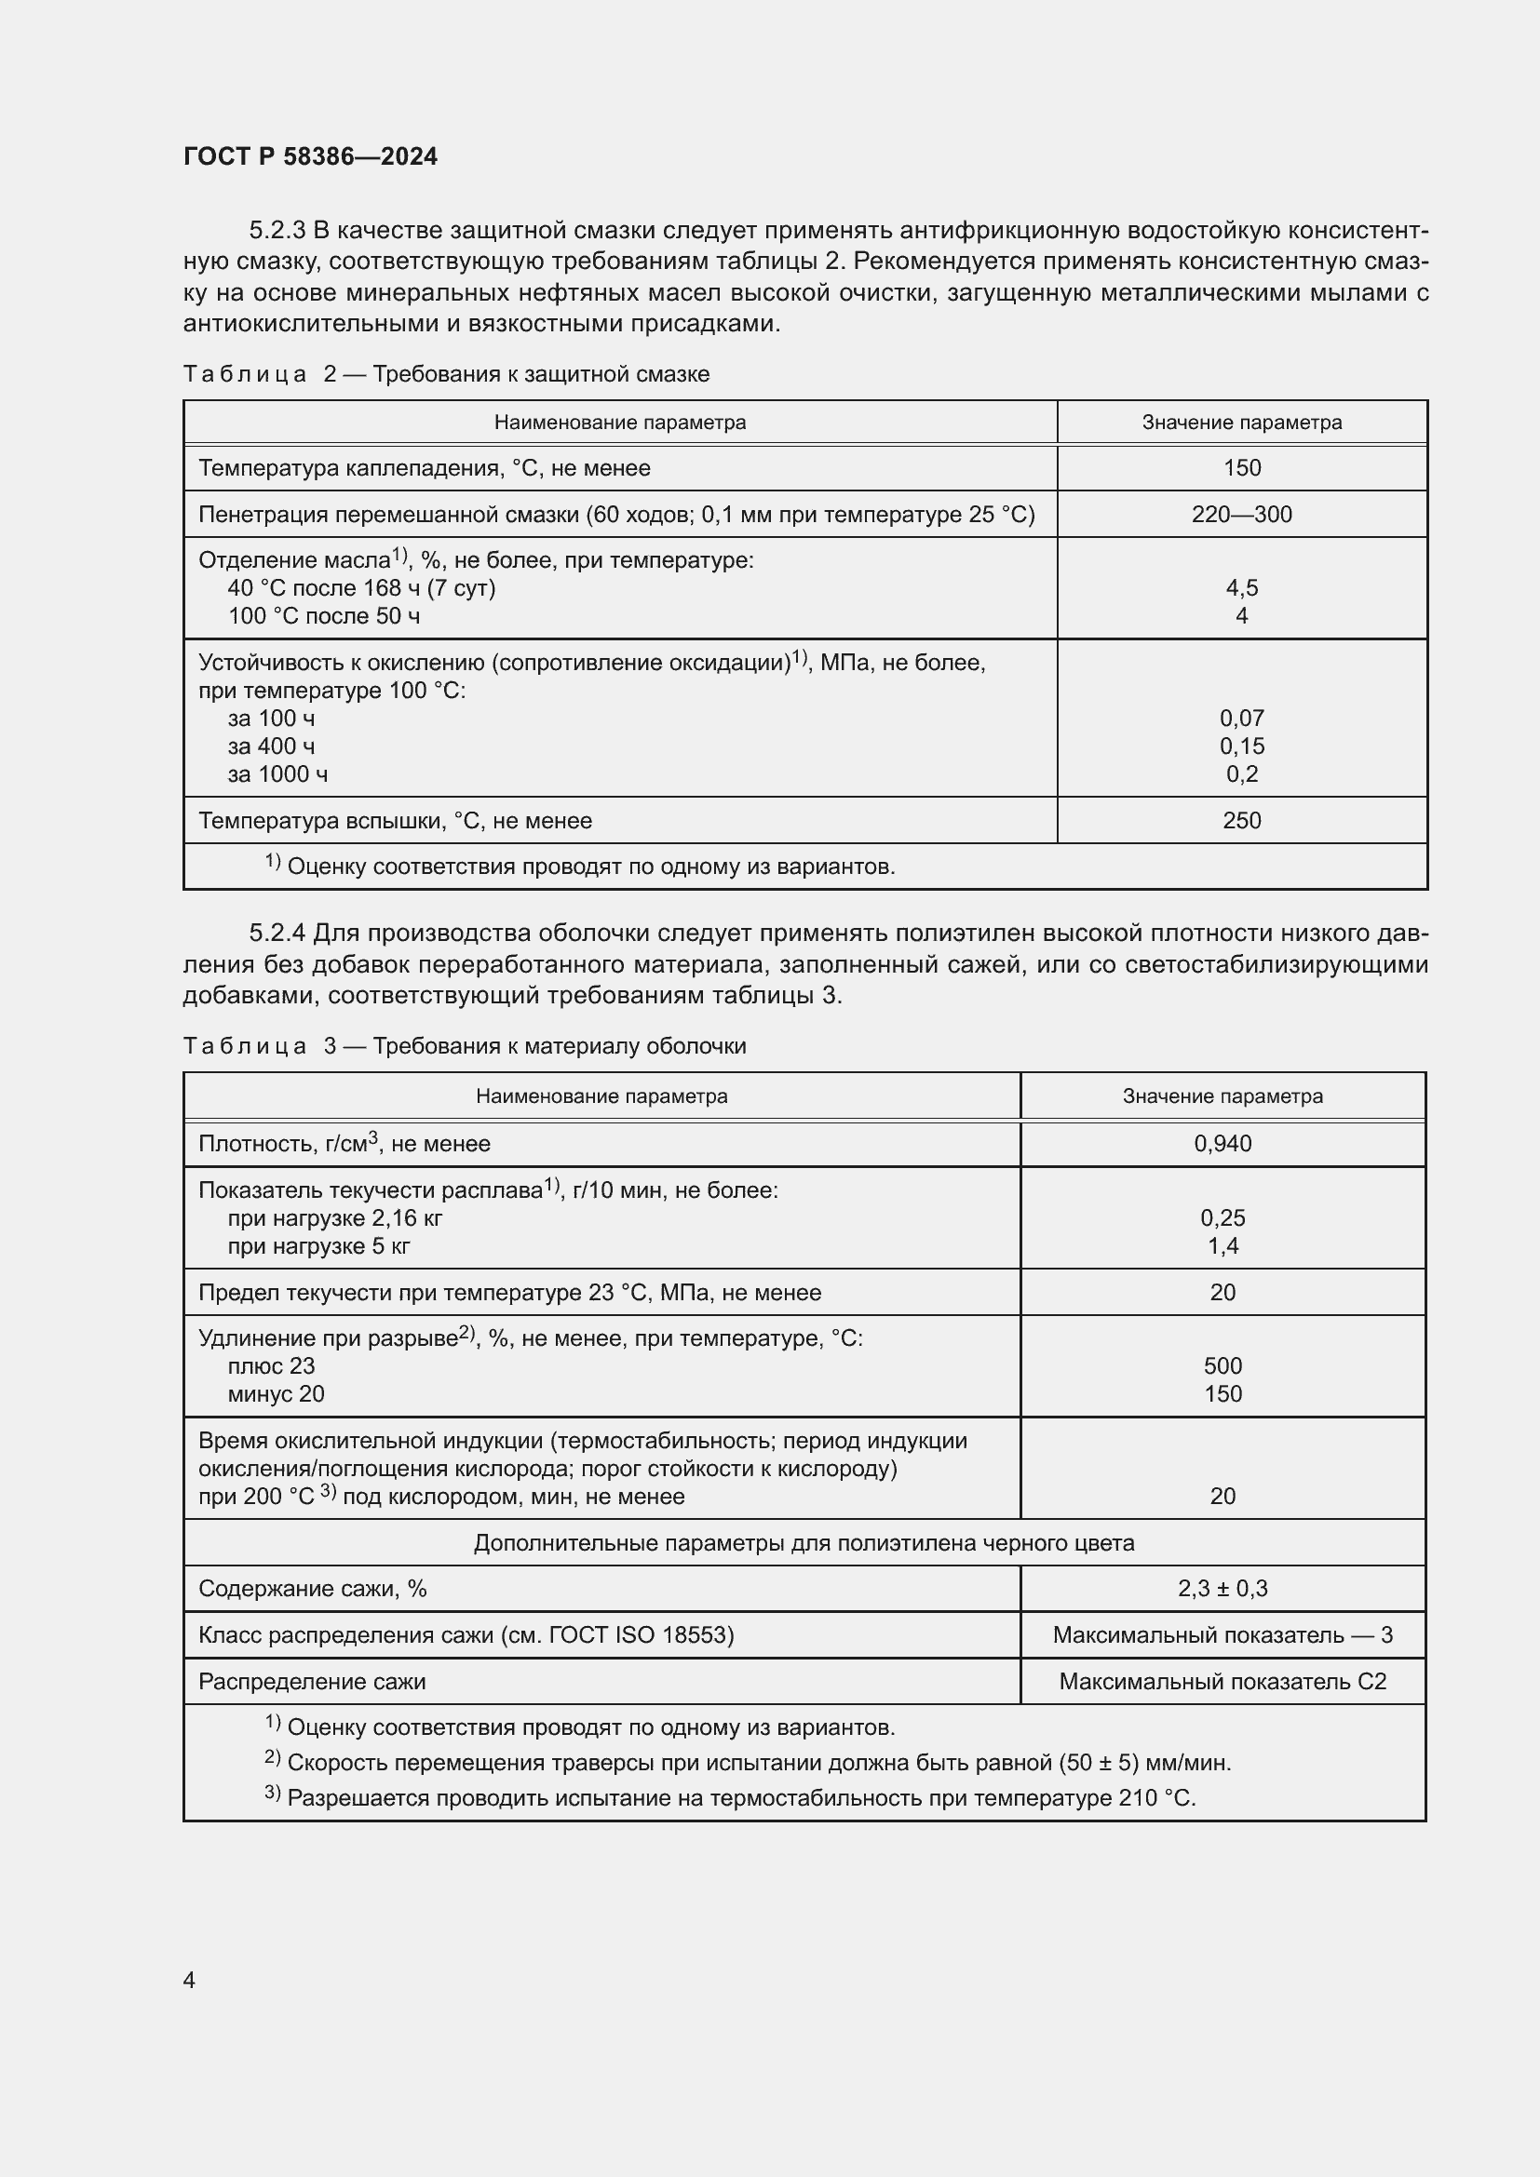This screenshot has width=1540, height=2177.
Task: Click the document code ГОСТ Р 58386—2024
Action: click(x=310, y=156)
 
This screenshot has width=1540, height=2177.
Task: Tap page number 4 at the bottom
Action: click(x=189, y=1980)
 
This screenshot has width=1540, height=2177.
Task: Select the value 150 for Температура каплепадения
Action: click(x=1241, y=467)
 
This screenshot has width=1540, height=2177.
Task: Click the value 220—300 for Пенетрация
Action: click(x=1241, y=514)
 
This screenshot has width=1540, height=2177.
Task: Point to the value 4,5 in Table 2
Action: click(x=1241, y=588)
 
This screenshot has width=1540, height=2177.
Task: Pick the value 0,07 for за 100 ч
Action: click(x=1241, y=718)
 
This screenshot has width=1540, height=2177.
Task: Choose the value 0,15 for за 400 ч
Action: click(x=1241, y=746)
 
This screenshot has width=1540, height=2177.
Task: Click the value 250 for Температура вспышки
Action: click(x=1241, y=820)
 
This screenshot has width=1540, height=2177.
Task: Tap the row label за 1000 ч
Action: click(x=277, y=773)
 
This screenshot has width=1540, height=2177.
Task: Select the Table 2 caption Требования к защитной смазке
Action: click(x=541, y=374)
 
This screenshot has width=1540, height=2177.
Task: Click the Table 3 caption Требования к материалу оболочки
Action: click(x=560, y=1046)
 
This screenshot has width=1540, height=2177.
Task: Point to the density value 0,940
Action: click(x=1223, y=1144)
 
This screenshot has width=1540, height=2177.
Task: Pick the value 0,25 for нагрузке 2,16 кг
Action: click(x=1223, y=1217)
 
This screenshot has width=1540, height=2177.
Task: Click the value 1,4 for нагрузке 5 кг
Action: click(x=1223, y=1246)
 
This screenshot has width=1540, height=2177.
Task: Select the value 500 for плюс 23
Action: click(x=1223, y=1365)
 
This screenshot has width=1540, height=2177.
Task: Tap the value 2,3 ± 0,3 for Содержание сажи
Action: click(x=1223, y=1588)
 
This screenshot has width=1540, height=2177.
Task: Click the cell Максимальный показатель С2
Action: click(x=1223, y=1681)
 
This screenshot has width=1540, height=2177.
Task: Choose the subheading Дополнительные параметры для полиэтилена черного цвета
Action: click(x=804, y=1542)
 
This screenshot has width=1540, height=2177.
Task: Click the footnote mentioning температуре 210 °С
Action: click(x=739, y=1798)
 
